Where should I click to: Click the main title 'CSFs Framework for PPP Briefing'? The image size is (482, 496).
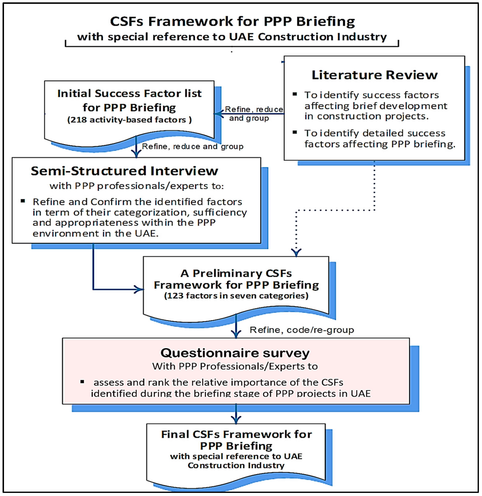coord(232,21)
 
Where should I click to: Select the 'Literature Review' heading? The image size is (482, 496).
coord(374,75)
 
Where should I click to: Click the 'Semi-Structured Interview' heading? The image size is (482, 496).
coord(124,171)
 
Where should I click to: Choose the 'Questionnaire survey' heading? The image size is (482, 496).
coord(235,353)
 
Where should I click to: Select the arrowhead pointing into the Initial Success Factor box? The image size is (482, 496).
coord(218,114)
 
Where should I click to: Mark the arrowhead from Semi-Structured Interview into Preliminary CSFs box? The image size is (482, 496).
coord(139,289)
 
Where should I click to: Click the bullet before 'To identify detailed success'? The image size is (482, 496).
coord(295,132)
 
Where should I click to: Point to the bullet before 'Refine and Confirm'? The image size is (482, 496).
coord(23,201)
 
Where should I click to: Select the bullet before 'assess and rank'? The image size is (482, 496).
coord(82,382)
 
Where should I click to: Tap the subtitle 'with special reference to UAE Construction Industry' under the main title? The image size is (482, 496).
coord(232,37)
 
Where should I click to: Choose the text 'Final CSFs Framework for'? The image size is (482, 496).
coord(236,434)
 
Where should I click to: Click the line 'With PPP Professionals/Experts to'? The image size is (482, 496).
coord(235,366)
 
